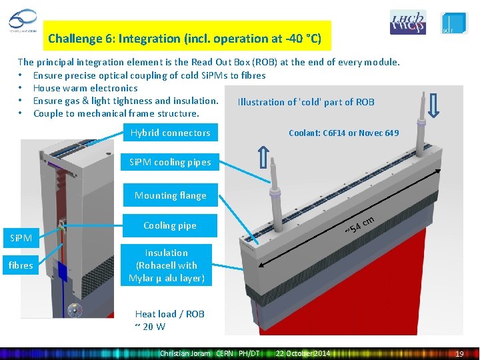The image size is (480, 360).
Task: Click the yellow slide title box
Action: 185,39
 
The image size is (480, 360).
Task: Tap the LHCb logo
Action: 407,23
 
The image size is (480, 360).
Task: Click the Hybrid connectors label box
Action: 170,133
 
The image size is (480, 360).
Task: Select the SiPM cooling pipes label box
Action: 170,162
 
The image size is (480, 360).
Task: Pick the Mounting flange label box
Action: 170,195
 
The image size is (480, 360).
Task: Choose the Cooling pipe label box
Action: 170,225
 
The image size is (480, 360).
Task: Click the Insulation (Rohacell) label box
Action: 167,265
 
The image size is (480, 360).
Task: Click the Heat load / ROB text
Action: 169,320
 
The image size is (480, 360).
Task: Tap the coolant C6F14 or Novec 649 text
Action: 343,133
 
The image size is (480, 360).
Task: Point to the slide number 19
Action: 459,354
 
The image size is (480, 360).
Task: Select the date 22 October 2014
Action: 303,353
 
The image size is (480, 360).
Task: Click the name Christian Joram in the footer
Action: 185,353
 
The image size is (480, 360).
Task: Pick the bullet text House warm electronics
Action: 85,88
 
